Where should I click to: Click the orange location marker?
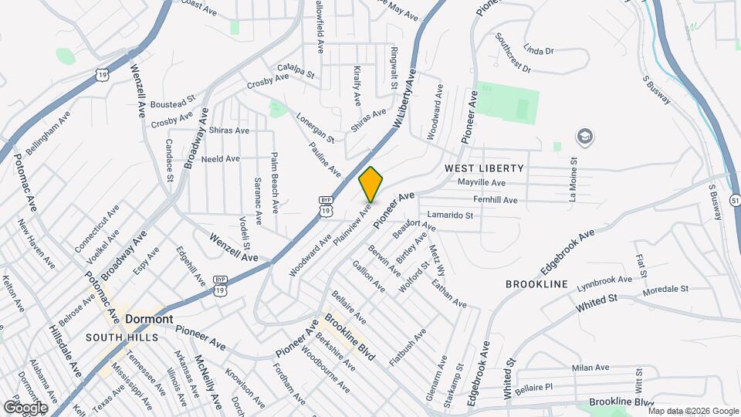(370, 185)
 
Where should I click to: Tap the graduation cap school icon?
(585, 137)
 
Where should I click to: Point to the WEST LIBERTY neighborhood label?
(484, 168)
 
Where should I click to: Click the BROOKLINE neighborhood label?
(536, 284)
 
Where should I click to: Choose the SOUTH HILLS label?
(122, 337)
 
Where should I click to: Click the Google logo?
(25, 407)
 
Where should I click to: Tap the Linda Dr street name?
(539, 50)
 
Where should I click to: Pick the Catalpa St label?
(297, 71)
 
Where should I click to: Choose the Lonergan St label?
(315, 127)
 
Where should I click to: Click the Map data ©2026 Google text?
(694, 410)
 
